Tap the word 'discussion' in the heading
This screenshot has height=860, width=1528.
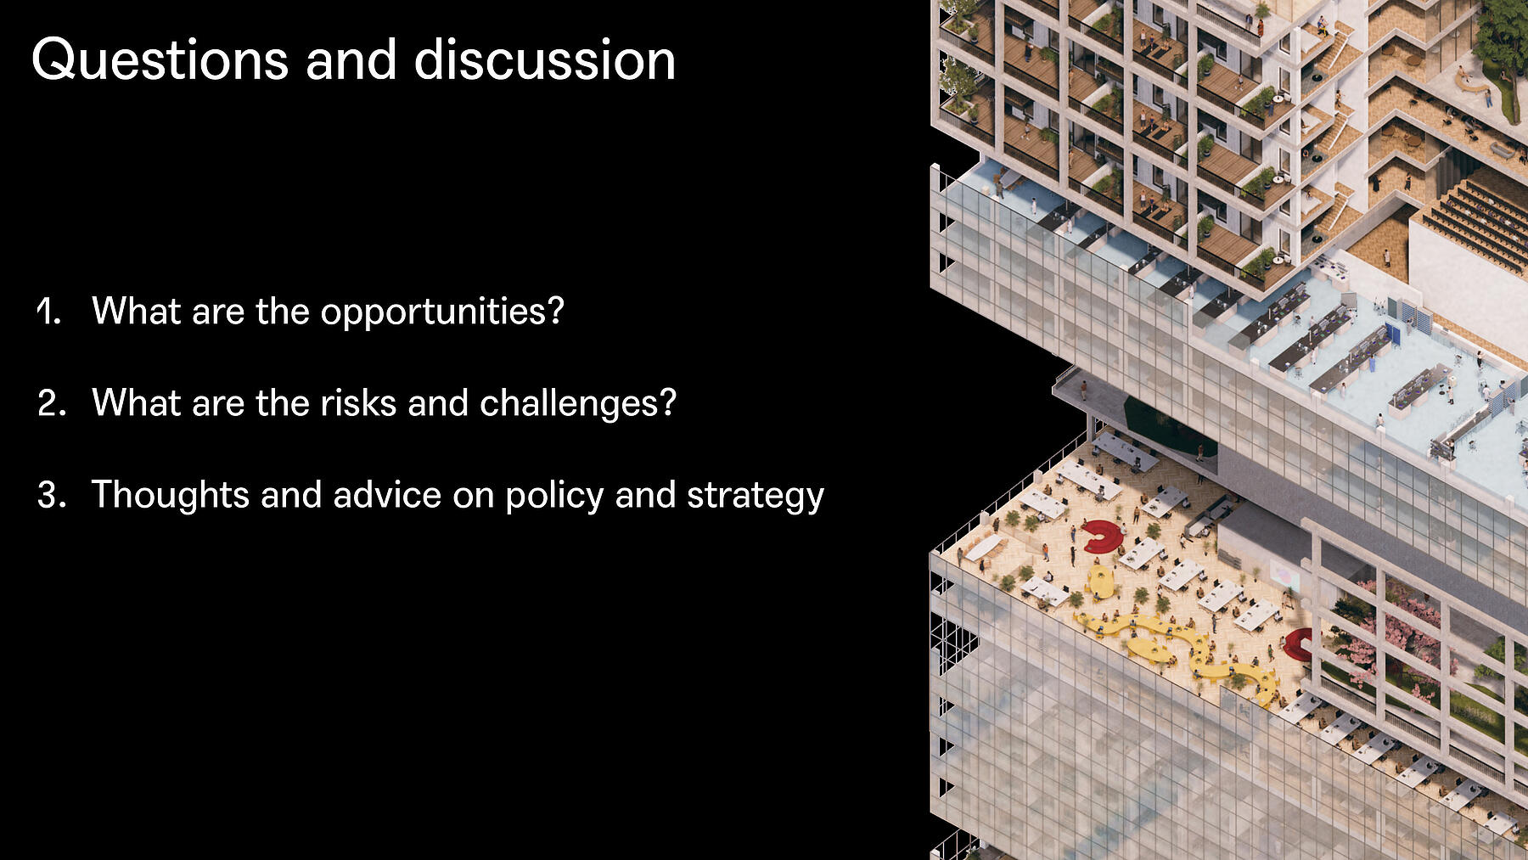(544, 60)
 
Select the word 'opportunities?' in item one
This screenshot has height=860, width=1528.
(442, 312)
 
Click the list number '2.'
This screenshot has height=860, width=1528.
(52, 402)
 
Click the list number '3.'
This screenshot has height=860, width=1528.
(52, 494)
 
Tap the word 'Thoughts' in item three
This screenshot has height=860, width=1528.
(171, 495)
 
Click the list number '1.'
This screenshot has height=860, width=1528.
(49, 311)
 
